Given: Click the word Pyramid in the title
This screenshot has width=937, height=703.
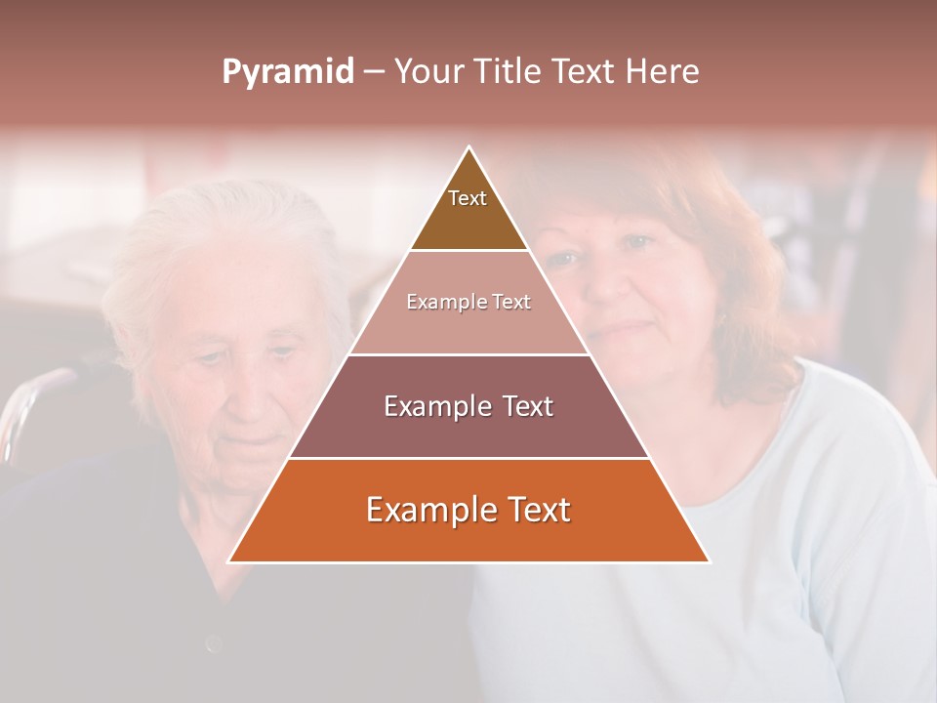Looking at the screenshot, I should click(x=288, y=72).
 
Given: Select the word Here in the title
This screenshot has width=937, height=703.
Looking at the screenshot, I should click(x=662, y=72).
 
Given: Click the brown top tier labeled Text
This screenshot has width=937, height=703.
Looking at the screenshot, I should click(x=468, y=210).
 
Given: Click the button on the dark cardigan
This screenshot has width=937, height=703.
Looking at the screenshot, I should click(x=214, y=642).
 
